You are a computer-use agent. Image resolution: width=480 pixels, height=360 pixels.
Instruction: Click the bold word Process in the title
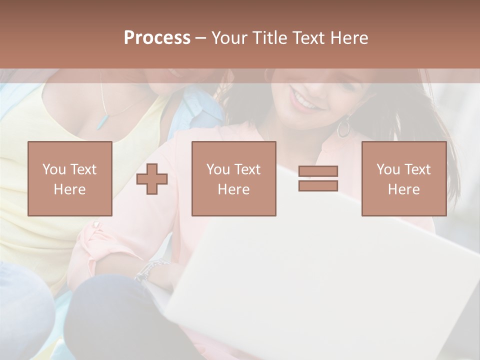pyautogui.click(x=157, y=38)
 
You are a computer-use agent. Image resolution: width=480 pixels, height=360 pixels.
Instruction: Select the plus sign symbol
pyautogui.click(x=152, y=179)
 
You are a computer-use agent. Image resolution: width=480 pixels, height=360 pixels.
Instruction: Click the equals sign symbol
pyautogui.click(x=318, y=178)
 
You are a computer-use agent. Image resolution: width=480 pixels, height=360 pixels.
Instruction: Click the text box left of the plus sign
pyautogui.click(x=70, y=178)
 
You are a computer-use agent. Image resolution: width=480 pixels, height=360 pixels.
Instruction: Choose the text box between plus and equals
pyautogui.click(x=233, y=178)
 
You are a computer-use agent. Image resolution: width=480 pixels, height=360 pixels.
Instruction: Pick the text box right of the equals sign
pyautogui.click(x=403, y=178)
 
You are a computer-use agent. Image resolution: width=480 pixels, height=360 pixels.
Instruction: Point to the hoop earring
pyautogui.click(x=344, y=127)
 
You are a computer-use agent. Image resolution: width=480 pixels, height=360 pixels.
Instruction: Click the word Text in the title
pyautogui.click(x=307, y=38)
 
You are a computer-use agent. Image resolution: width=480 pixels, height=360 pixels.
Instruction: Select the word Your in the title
pyautogui.click(x=229, y=38)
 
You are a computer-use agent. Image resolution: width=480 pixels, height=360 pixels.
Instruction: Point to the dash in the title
pyautogui.click(x=200, y=38)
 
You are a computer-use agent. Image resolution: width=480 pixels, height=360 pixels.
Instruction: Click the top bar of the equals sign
pyautogui.click(x=318, y=171)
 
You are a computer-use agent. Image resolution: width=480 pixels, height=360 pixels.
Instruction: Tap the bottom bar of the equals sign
pyautogui.click(x=318, y=185)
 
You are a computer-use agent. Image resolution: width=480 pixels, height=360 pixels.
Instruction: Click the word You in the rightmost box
pyautogui.click(x=388, y=169)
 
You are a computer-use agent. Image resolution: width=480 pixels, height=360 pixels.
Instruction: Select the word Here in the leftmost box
pyautogui.click(x=70, y=189)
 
